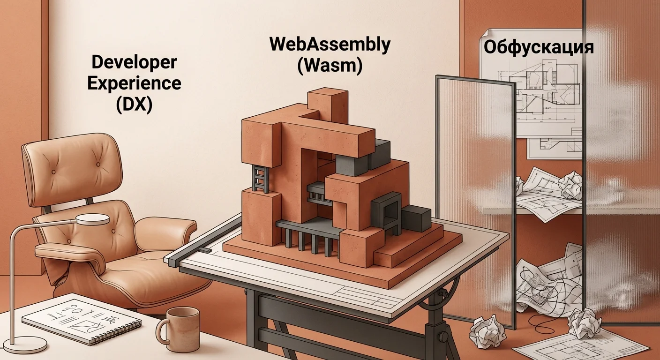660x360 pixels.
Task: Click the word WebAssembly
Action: (330, 45)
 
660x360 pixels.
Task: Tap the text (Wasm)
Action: (330, 66)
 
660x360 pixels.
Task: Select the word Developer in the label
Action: (134, 62)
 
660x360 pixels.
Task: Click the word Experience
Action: (134, 83)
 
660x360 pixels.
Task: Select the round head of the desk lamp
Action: (92, 219)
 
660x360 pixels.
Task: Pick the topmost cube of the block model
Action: (328, 103)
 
